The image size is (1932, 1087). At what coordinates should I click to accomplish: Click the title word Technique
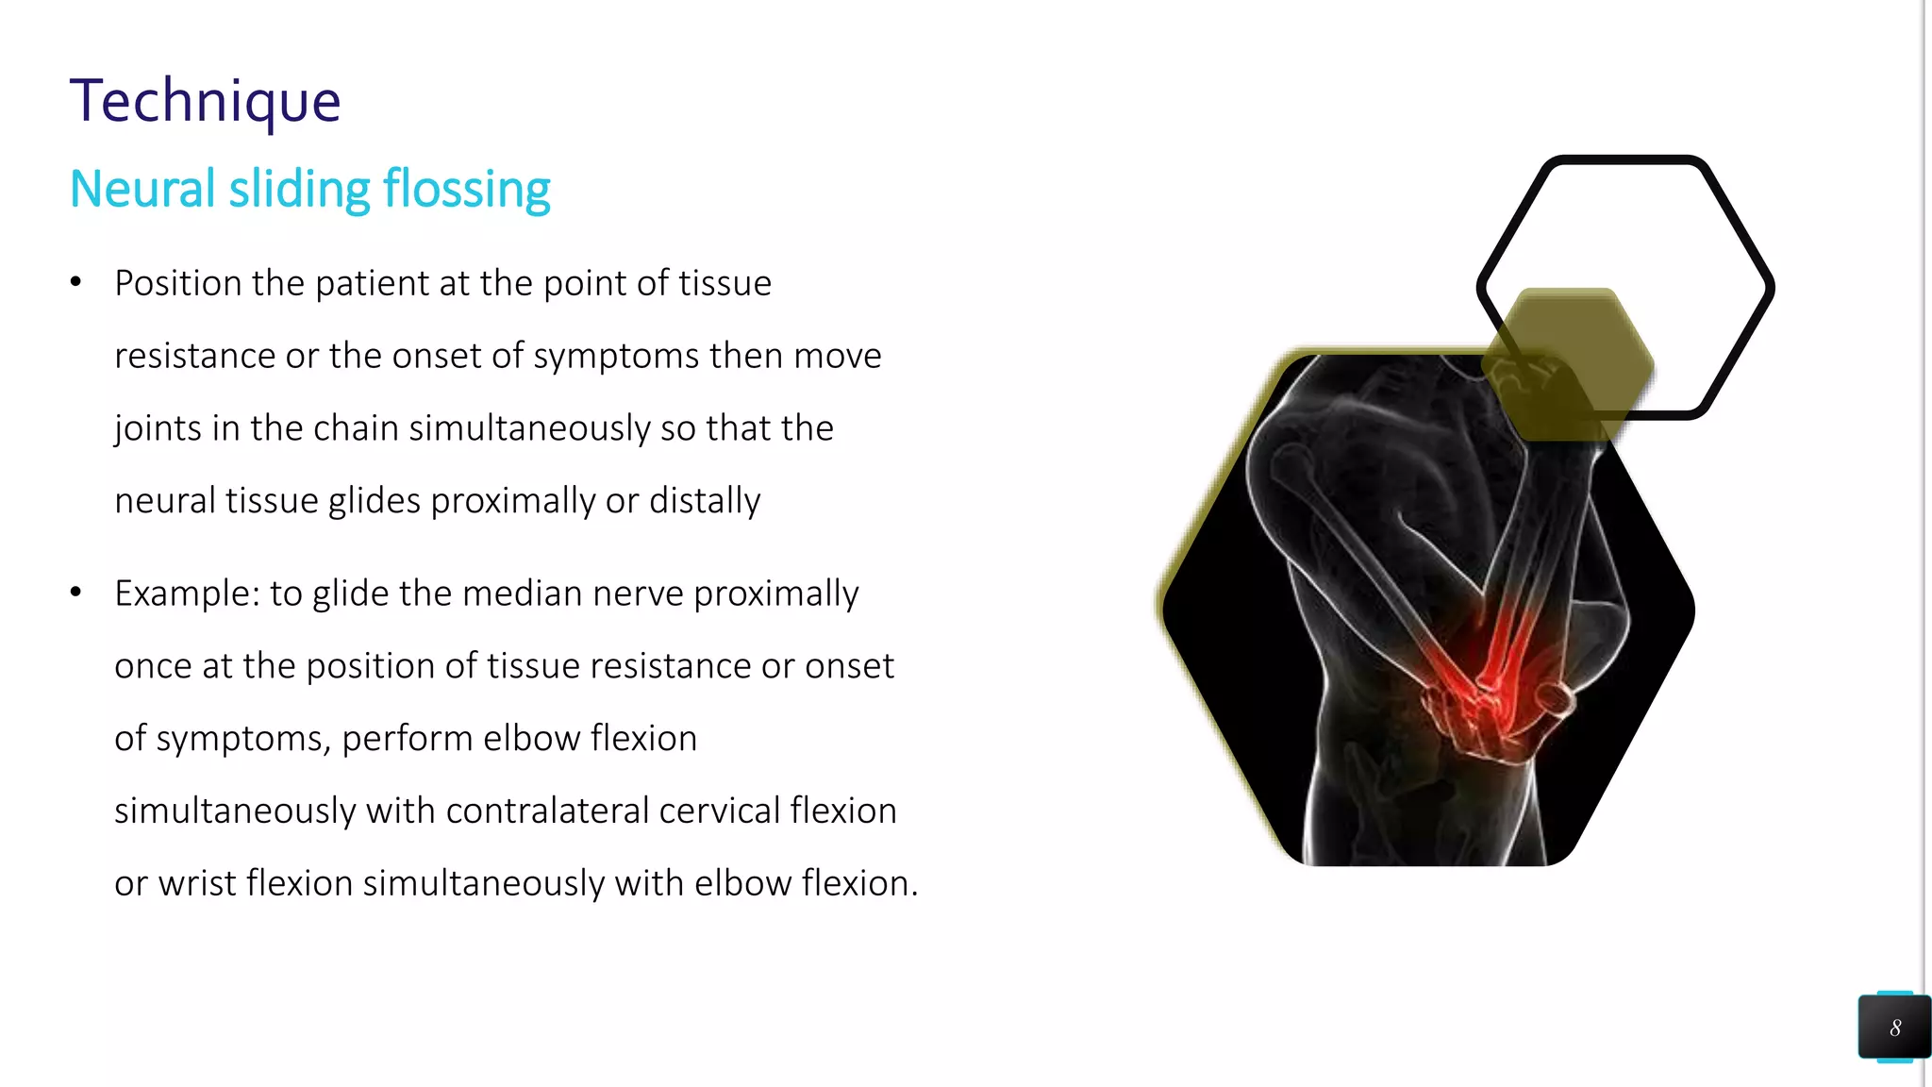(205, 101)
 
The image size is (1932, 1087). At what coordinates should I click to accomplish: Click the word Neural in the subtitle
(142, 189)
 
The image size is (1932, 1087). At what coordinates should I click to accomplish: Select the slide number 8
(1894, 1028)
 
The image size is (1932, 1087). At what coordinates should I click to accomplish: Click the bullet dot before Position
(76, 282)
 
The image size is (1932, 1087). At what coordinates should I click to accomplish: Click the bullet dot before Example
(76, 593)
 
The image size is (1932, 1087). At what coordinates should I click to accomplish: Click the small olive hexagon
(1567, 363)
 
